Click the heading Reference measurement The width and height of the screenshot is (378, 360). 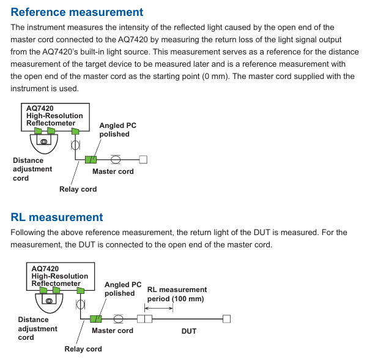pos(77,12)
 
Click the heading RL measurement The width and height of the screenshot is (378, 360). pos(57,217)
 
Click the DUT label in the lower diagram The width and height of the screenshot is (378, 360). pos(189,331)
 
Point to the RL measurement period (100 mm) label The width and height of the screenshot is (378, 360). pos(177,294)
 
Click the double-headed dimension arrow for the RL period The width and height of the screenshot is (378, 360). pos(158,308)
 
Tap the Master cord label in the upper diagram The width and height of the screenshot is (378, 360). pos(113,171)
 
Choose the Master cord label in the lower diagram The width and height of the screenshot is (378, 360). pos(112,331)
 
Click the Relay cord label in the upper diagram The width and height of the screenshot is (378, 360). pos(78,189)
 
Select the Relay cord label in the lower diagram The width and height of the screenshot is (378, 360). pos(83,349)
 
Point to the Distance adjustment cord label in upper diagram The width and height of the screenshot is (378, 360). pos(32,169)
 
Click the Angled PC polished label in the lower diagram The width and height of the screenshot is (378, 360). pos(123,289)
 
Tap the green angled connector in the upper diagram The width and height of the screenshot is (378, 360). pos(91,160)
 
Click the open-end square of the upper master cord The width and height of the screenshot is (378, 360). pos(143,160)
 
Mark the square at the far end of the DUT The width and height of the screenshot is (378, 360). pos(226,319)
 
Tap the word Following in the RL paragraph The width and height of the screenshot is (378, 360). pos(30,233)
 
